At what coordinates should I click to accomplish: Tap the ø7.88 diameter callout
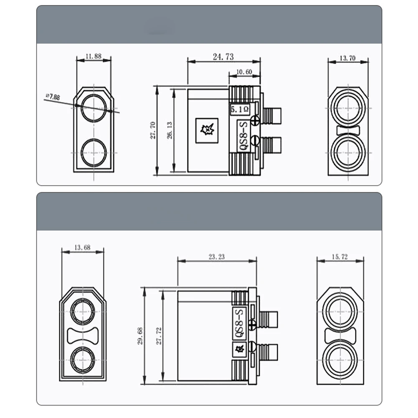(x=53, y=97)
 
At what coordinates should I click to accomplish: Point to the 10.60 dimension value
(x=244, y=72)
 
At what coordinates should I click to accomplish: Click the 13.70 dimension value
(x=347, y=58)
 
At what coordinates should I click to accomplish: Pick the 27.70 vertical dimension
(x=153, y=130)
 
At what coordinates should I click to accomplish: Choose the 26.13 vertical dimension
(x=170, y=130)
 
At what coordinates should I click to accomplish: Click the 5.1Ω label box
(x=240, y=109)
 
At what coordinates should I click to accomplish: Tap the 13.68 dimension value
(x=82, y=247)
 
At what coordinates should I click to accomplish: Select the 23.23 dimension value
(x=216, y=257)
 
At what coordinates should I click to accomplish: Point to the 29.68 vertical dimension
(x=140, y=335)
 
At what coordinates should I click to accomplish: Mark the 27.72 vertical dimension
(x=158, y=335)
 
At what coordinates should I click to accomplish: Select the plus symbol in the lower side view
(x=252, y=325)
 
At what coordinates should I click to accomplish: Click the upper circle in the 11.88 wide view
(x=94, y=108)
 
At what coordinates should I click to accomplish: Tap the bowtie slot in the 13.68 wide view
(x=83, y=335)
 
